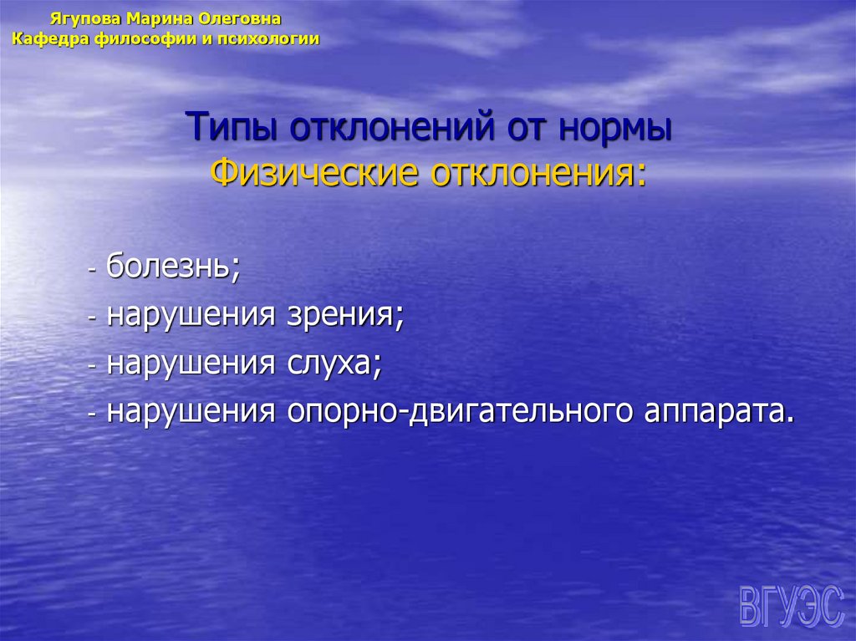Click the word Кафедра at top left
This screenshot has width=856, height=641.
pyautogui.click(x=46, y=38)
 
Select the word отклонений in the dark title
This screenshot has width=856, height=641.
pyautogui.click(x=393, y=130)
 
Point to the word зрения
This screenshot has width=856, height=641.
pyautogui.click(x=344, y=316)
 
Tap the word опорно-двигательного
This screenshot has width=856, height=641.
pyautogui.click(x=459, y=412)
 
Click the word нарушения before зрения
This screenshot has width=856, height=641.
pyautogui.click(x=191, y=316)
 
